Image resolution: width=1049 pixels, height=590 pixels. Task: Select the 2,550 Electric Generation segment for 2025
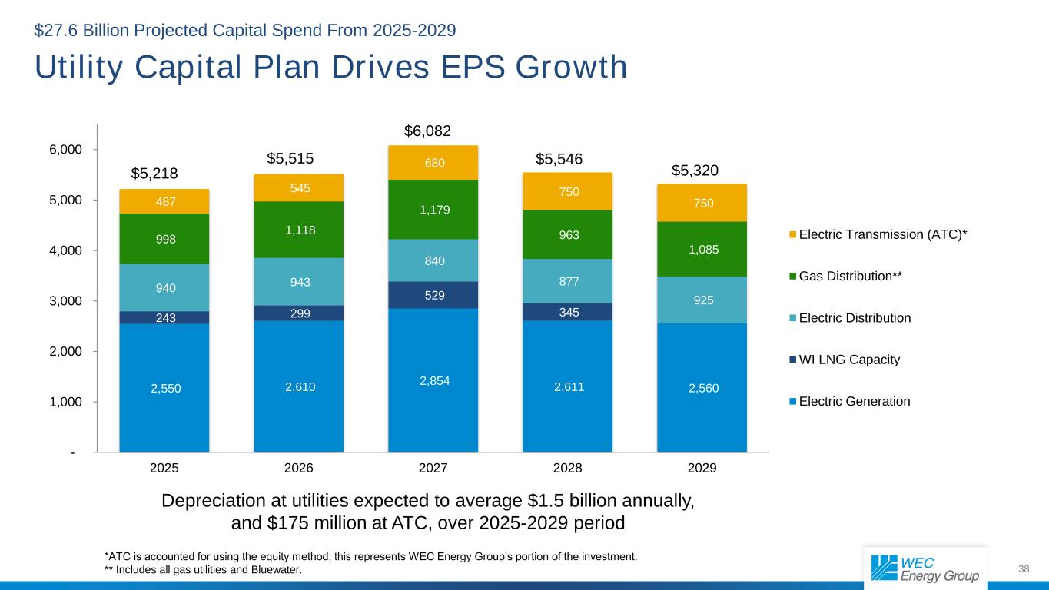click(164, 388)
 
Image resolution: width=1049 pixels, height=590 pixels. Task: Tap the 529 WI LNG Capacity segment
click(433, 294)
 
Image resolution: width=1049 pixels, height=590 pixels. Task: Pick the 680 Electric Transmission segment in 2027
click(433, 163)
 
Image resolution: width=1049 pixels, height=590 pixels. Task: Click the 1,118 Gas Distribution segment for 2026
click(299, 230)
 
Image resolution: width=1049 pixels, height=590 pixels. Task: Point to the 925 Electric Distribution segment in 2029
click(702, 300)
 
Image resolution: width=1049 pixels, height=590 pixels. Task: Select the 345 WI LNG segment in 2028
click(568, 311)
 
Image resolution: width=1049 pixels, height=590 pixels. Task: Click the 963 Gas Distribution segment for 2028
click(568, 234)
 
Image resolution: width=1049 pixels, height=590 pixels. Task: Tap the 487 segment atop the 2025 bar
click(164, 201)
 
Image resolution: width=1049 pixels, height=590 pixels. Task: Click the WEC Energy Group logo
click(925, 568)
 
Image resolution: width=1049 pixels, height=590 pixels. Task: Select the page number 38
click(1023, 568)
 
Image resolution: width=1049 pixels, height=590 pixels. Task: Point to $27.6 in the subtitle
click(56, 31)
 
